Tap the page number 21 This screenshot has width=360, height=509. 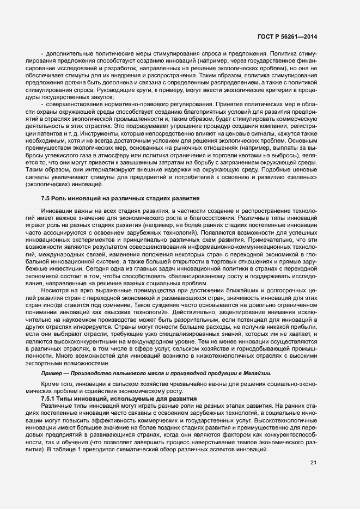tap(313, 463)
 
